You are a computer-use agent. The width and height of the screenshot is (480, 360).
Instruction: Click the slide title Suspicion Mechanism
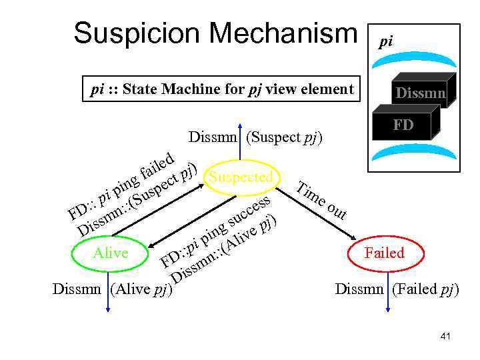tap(215, 33)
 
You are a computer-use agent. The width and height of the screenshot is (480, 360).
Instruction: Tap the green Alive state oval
tap(110, 253)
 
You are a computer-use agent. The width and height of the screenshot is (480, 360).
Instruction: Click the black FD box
tap(402, 124)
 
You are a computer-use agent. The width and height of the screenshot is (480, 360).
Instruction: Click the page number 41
tap(445, 337)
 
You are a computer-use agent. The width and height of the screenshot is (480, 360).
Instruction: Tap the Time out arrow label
tap(322, 199)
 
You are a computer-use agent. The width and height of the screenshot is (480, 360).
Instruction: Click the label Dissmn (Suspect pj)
tap(255, 138)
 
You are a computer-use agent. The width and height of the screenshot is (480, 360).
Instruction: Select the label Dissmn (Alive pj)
tap(112, 289)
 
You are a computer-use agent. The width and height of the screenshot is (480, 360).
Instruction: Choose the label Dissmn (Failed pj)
tap(397, 289)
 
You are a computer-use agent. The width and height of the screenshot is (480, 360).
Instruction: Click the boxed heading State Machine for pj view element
tap(221, 89)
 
